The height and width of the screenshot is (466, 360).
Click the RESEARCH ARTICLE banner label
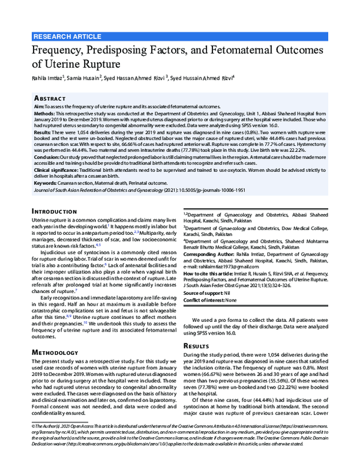click(68, 37)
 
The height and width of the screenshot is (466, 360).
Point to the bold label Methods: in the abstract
click(47, 112)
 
